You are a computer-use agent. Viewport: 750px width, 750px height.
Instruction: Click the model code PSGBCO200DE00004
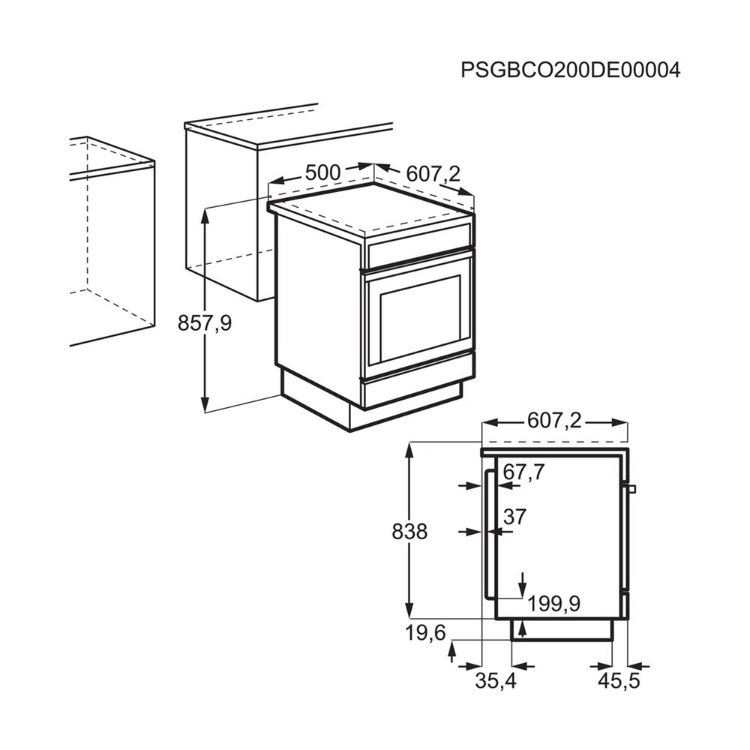click(x=570, y=70)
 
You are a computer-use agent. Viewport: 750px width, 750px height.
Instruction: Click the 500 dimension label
click(x=322, y=172)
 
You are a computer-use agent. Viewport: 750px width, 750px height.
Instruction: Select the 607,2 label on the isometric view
click(x=433, y=174)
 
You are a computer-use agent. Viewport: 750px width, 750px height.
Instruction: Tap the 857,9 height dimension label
click(x=205, y=323)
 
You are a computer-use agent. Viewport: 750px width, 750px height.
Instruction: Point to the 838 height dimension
click(x=409, y=532)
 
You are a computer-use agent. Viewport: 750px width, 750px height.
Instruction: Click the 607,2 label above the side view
click(x=554, y=421)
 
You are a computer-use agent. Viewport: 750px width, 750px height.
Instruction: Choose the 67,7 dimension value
click(x=523, y=472)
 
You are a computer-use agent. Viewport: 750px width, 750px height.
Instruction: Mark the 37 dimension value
click(x=515, y=517)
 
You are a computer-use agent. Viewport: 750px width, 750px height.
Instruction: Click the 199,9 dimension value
click(x=554, y=604)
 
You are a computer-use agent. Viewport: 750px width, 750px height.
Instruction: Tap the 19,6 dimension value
click(x=426, y=633)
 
